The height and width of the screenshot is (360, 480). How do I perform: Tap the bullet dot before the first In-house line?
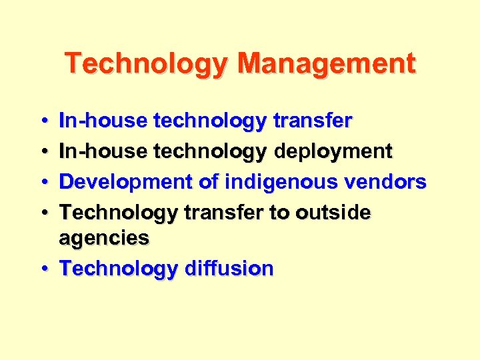(43, 121)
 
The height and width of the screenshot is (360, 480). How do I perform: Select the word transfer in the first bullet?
(313, 121)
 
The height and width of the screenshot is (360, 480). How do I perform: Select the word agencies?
(104, 237)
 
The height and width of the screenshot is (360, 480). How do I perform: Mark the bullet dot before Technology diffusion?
(43, 269)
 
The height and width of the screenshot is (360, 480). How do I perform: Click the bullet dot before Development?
(43, 182)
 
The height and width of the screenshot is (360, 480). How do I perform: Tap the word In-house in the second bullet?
(103, 151)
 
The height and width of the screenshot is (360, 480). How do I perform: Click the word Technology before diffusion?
(119, 269)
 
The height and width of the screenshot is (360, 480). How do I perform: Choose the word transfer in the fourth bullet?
(224, 213)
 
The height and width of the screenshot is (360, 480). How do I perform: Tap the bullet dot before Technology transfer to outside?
(43, 213)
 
